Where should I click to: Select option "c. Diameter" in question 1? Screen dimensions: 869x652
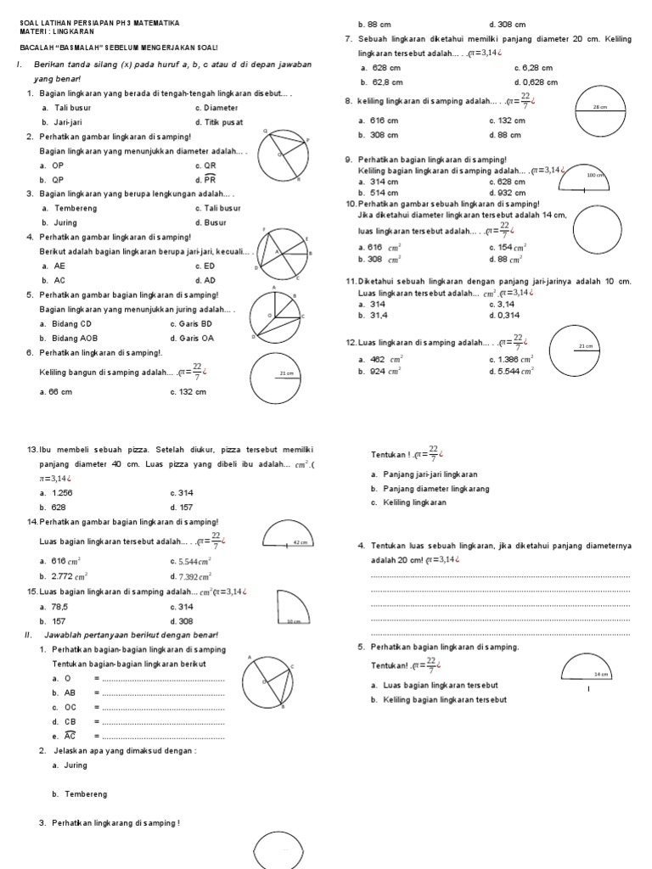click(216, 108)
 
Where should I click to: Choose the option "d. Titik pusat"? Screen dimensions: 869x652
click(219, 122)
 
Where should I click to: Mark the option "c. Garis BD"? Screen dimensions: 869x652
click(192, 323)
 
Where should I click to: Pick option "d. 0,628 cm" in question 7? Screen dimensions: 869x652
click(536, 81)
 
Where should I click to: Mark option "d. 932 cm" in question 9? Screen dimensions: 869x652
click(509, 193)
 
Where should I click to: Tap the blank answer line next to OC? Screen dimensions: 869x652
click(162, 707)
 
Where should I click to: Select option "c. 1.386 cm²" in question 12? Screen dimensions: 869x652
click(511, 360)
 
